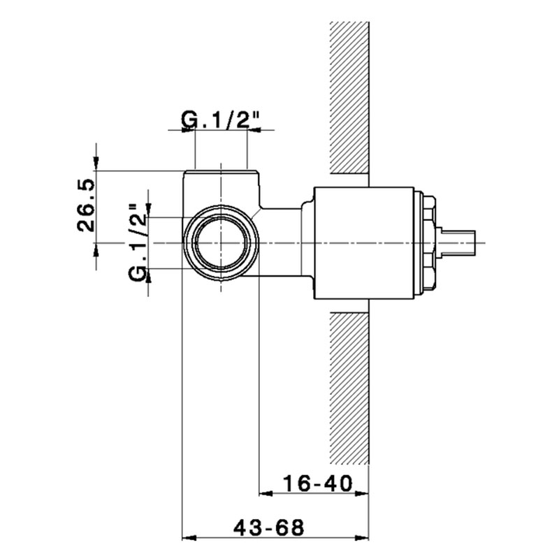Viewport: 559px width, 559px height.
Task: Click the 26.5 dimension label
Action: coord(86,205)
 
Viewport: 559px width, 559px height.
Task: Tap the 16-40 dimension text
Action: coord(318,484)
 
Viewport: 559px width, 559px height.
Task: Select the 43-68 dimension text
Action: coord(269,528)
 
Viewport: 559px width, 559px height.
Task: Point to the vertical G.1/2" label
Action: coord(138,242)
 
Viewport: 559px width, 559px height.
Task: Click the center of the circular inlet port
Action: coord(221,242)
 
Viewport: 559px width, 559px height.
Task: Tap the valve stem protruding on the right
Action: coord(458,243)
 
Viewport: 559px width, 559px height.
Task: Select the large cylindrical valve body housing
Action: coord(363,242)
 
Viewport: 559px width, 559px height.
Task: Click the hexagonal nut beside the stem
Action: coord(428,242)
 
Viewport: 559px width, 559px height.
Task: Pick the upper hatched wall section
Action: coord(349,98)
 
